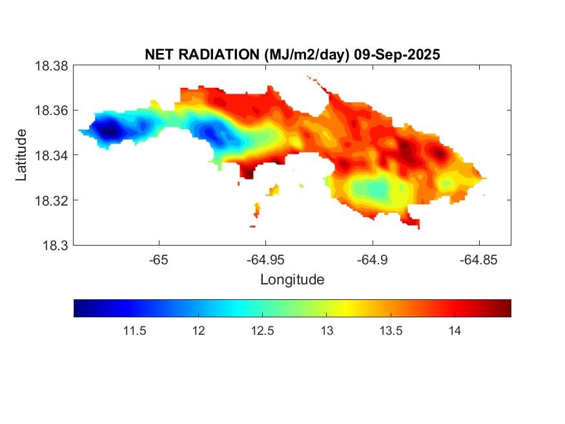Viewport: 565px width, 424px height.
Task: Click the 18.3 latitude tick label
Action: coord(55,245)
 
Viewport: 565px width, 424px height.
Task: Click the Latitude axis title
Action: coord(22,155)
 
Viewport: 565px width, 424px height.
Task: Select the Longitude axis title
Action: coord(292,280)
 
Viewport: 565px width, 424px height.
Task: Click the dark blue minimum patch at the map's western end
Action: coord(108,131)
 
